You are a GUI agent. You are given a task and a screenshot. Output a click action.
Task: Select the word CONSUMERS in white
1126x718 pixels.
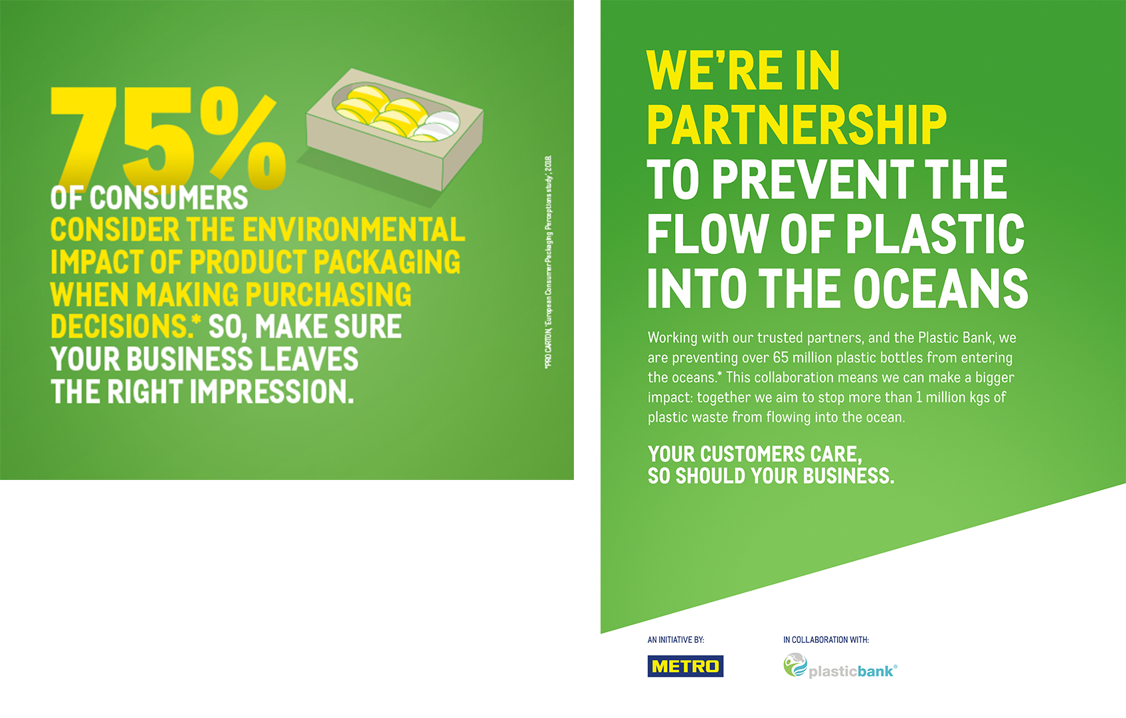[169, 197]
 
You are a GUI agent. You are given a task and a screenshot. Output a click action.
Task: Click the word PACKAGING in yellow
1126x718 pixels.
[387, 262]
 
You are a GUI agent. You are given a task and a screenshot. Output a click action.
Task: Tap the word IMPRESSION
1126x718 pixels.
[272, 392]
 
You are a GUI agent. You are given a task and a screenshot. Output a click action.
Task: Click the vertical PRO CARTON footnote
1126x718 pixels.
[549, 262]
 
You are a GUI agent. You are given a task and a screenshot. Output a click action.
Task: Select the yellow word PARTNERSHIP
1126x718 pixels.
[797, 125]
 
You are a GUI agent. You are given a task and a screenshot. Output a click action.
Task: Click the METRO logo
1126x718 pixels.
[685, 666]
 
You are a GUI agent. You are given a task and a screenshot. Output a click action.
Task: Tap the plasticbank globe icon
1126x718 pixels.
[795, 665]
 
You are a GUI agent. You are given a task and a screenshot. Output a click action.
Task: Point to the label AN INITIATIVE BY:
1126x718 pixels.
[676, 640]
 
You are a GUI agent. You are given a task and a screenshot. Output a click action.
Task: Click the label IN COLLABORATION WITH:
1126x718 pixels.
[826, 640]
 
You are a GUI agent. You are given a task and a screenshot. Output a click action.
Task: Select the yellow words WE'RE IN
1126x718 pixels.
[743, 70]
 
